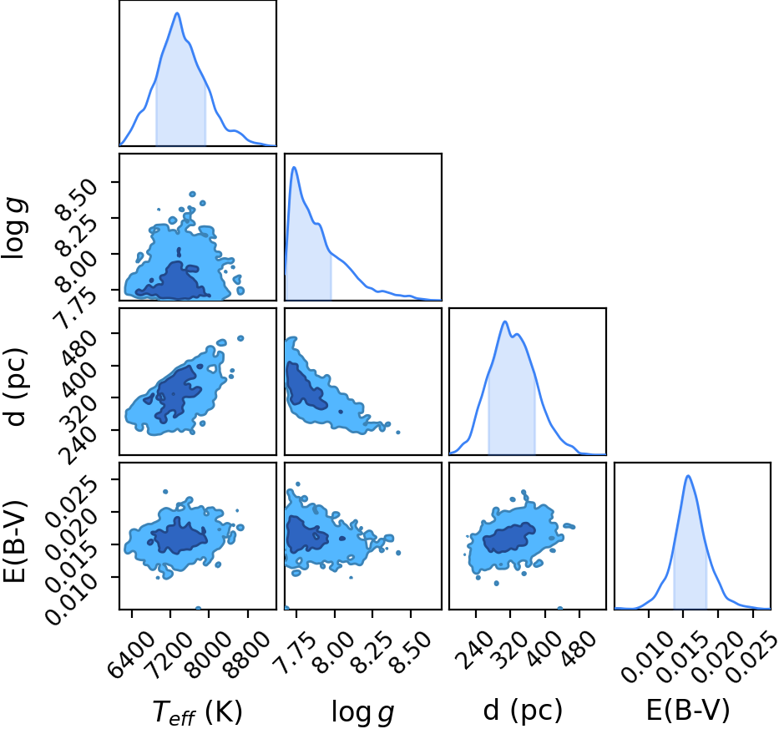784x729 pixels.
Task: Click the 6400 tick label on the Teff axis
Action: pos(131,653)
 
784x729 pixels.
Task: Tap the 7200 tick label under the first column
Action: pos(169,653)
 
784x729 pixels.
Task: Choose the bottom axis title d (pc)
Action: pos(523,710)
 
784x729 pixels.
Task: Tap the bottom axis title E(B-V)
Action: pos(688,710)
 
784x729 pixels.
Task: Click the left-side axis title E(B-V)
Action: pos(14,541)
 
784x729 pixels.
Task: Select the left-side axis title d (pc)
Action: pos(15,386)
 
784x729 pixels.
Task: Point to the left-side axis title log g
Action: pos(15,227)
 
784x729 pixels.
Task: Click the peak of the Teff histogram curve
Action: pos(177,13)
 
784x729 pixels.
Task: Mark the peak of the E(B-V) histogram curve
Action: pos(689,475)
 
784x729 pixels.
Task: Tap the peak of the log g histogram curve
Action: pos(295,167)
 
